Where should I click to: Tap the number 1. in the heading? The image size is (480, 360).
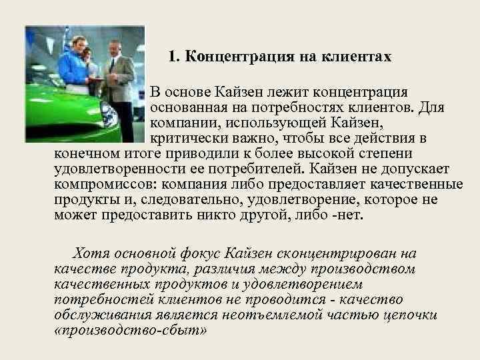point(174,57)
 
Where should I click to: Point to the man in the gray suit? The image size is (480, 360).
point(119,77)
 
